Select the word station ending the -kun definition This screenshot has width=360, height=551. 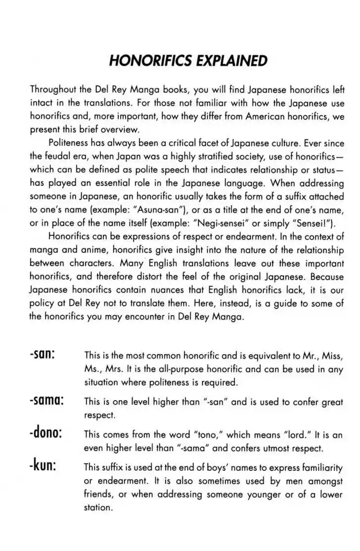(x=98, y=507)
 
